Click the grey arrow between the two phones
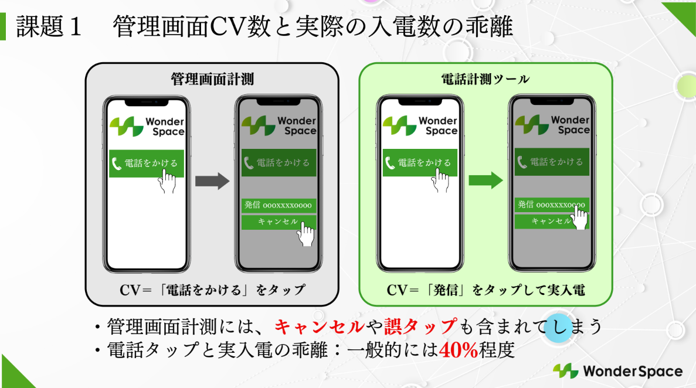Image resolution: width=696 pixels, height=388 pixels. coord(211,181)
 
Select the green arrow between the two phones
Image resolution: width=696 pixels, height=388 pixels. coord(485,181)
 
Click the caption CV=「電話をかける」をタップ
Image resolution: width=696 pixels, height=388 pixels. coord(212,290)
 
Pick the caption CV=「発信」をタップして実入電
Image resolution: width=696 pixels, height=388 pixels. coord(485,290)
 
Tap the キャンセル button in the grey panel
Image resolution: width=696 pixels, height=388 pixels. coord(278,222)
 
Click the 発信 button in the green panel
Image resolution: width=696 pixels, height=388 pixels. coord(551,205)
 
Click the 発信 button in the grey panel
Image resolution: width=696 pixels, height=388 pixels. coord(279,205)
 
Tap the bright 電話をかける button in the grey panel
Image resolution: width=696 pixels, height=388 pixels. coord(146,163)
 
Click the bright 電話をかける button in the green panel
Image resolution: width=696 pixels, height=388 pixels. coord(419,163)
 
